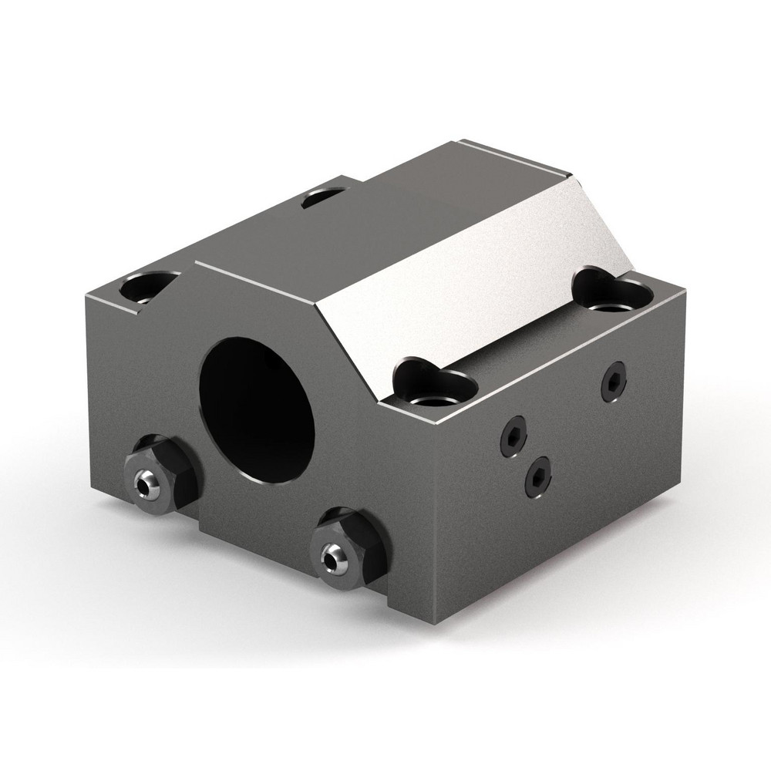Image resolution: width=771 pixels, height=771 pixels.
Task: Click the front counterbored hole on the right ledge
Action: [433, 385]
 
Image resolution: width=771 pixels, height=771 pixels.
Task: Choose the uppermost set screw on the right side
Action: [614, 379]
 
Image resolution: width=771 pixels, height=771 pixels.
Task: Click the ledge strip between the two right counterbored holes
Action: [524, 339]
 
